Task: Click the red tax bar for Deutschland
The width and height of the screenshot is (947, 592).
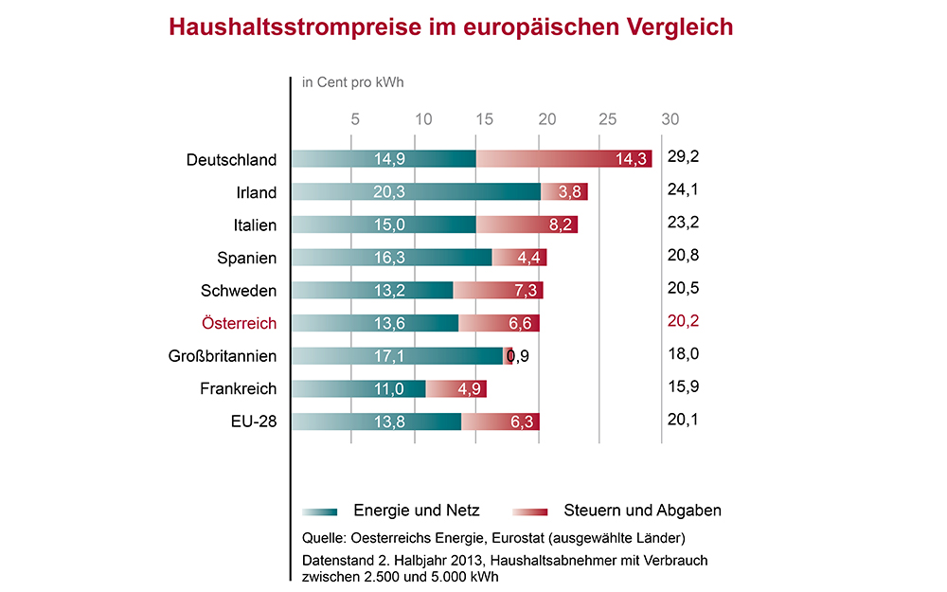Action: tap(564, 159)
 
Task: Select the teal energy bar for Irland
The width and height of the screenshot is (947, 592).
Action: tap(417, 191)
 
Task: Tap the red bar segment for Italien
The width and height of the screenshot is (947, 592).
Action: tap(527, 224)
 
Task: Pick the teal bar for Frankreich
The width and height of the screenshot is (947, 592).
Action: tap(359, 388)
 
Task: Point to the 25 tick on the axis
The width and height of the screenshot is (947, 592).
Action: tap(608, 119)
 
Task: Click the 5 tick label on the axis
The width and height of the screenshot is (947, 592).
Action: tap(355, 119)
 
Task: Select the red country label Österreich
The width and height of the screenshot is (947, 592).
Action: tap(239, 323)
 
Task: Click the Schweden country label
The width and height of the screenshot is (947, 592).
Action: tap(239, 290)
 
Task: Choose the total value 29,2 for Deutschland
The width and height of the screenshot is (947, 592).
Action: tap(683, 157)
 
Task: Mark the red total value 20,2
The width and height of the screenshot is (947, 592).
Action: tap(683, 321)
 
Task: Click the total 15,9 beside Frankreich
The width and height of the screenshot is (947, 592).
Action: tap(683, 386)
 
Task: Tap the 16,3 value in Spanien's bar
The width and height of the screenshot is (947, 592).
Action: tap(391, 258)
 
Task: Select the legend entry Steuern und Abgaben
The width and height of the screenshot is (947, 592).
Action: tap(642, 511)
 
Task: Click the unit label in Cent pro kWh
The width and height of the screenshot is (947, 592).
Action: tap(352, 82)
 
